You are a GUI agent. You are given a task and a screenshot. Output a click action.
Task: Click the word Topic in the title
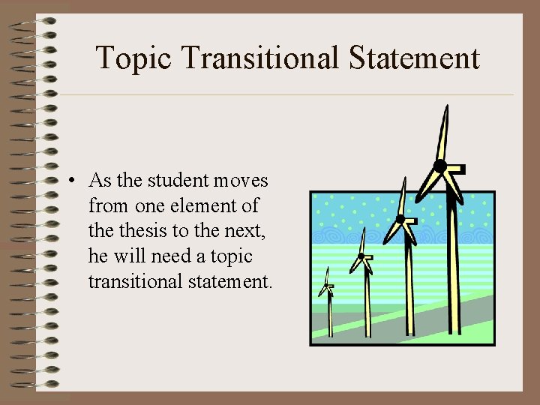point(134,58)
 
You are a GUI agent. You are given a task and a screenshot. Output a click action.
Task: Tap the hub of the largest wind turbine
point(440,166)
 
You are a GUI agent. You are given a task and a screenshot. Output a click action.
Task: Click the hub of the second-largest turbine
point(400,219)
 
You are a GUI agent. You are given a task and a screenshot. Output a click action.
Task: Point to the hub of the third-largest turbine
point(361,256)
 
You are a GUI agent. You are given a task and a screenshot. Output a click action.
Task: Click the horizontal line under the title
point(285,95)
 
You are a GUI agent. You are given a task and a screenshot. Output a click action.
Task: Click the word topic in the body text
point(231,256)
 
